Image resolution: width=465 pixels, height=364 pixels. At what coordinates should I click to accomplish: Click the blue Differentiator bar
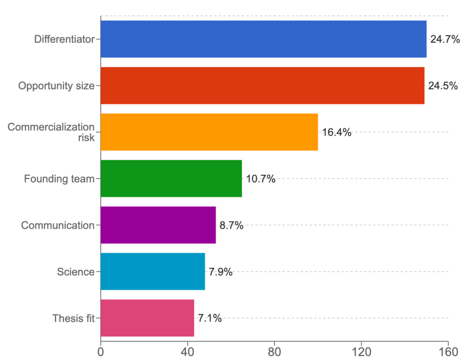click(263, 39)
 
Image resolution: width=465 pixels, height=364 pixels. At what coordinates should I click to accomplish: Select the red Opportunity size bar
click(262, 86)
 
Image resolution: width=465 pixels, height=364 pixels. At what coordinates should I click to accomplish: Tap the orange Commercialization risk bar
click(209, 132)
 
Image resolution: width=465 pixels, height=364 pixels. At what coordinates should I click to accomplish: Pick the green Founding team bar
click(171, 179)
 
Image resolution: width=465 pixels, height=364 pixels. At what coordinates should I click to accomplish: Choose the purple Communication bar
click(158, 225)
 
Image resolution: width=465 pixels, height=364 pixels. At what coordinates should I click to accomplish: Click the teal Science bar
click(153, 272)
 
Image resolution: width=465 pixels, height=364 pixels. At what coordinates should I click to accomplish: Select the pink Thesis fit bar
click(147, 318)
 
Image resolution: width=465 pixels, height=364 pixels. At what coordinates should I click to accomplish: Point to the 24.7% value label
click(445, 39)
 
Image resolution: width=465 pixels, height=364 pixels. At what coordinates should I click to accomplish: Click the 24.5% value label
click(443, 86)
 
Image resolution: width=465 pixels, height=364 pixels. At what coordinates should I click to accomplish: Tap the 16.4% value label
click(336, 133)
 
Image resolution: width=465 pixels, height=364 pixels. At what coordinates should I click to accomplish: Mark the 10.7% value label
click(261, 179)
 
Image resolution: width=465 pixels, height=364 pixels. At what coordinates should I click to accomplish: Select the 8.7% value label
click(232, 225)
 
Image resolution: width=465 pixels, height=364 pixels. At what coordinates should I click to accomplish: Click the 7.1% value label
click(210, 318)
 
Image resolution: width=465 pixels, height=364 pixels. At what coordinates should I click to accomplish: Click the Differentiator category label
click(64, 39)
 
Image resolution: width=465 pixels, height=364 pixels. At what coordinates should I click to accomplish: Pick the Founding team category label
click(59, 179)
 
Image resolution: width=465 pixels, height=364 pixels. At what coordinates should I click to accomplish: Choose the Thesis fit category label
click(73, 318)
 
